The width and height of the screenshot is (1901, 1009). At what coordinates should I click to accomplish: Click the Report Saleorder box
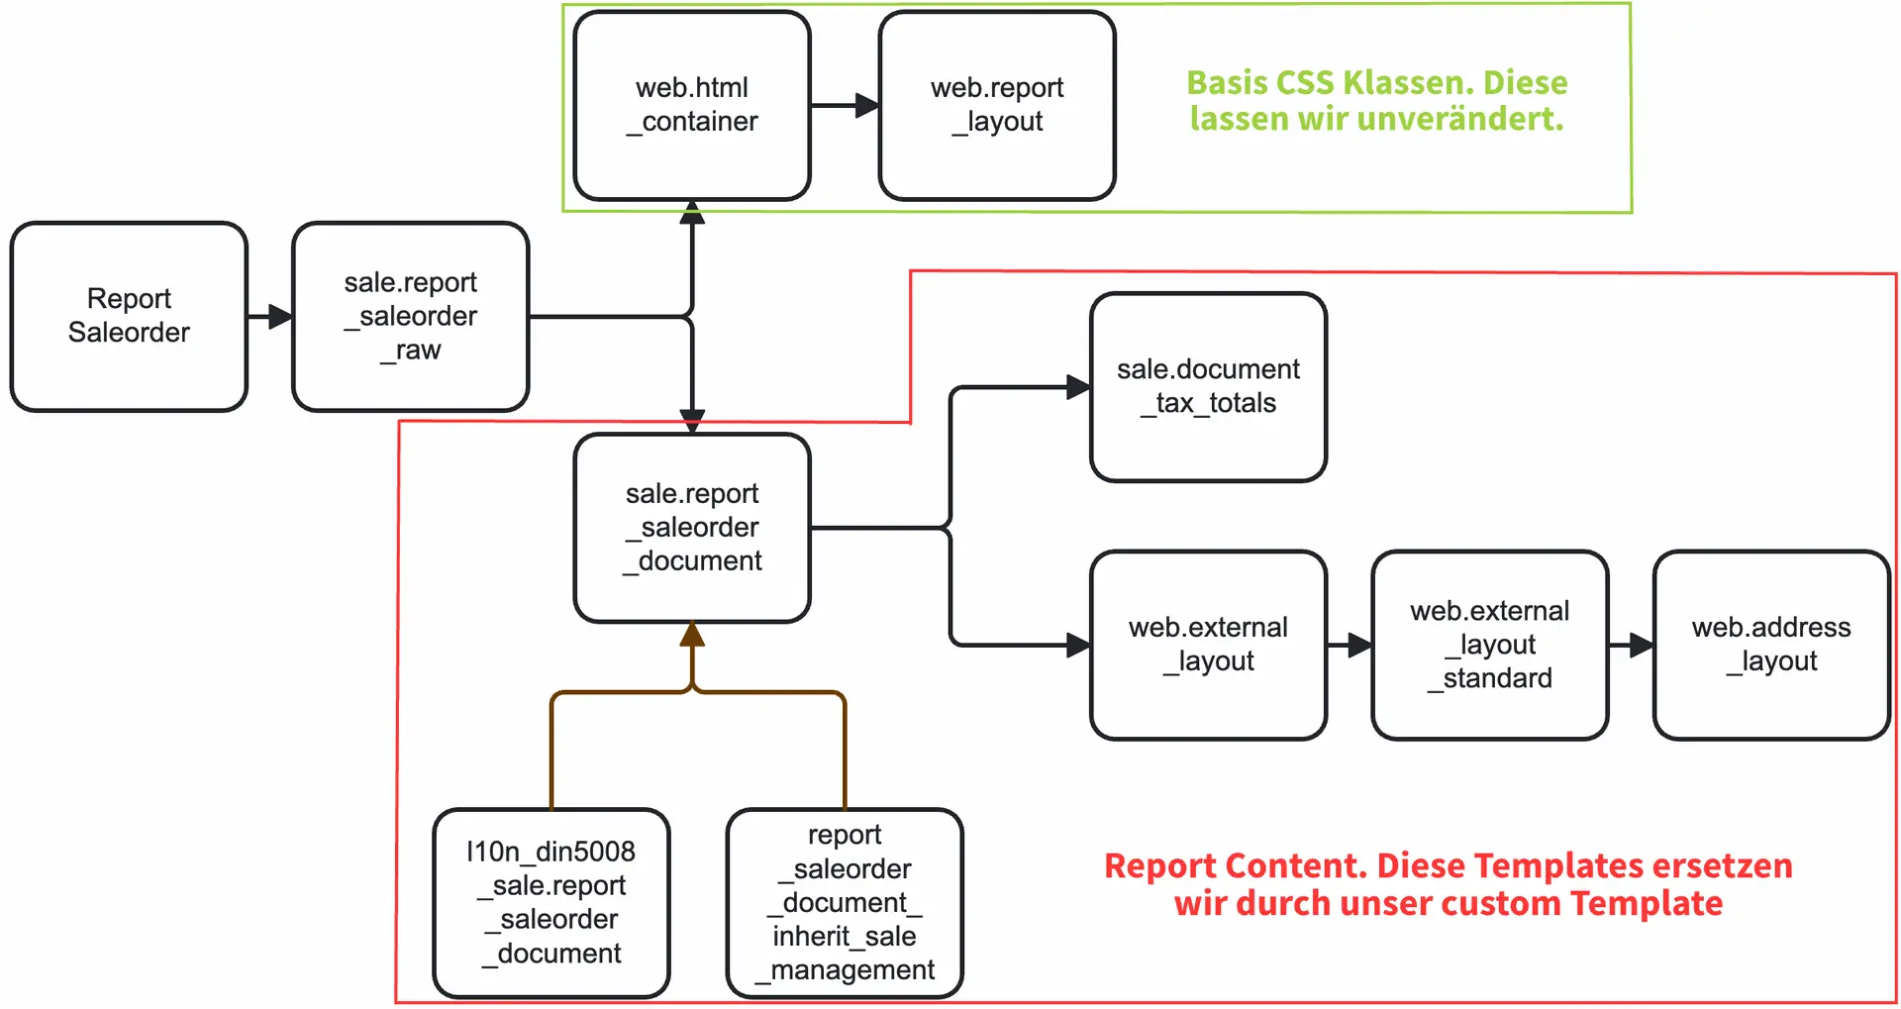click(x=129, y=316)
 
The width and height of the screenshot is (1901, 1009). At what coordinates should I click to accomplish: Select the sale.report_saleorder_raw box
click(x=410, y=316)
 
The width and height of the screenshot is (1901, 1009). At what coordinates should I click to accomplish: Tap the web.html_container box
click(x=691, y=105)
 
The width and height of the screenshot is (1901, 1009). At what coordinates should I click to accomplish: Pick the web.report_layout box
click(x=996, y=105)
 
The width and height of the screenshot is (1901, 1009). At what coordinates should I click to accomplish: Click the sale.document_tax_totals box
click(x=1207, y=386)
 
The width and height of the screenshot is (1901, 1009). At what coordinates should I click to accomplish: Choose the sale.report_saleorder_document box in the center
click(x=691, y=527)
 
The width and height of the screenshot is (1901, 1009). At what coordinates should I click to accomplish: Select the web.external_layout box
click(x=1207, y=645)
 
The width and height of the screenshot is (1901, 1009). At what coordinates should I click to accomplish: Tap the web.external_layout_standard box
click(x=1489, y=645)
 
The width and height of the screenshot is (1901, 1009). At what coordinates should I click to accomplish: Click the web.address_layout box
click(x=1770, y=645)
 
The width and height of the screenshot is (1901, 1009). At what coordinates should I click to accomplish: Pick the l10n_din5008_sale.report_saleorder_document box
click(x=550, y=902)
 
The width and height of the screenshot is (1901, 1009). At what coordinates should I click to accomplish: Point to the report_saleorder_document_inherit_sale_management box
click(x=844, y=902)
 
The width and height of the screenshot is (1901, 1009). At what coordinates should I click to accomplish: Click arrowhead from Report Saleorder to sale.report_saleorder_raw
click(x=280, y=317)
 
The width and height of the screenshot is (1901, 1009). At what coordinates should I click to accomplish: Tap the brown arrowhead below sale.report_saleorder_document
click(x=692, y=635)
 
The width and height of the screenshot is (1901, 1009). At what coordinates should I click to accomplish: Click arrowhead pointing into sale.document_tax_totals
click(x=1078, y=387)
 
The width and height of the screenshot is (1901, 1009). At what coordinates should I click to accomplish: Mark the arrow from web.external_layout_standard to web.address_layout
click(x=1630, y=646)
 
